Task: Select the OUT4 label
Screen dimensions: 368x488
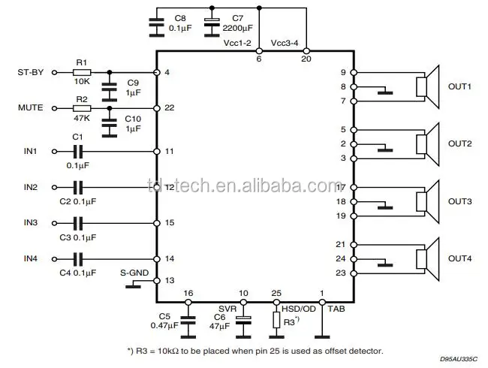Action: coord(459,259)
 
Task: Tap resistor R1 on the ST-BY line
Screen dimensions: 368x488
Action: coord(83,72)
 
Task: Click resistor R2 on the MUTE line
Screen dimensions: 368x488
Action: coord(83,108)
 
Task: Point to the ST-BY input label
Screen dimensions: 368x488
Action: coord(31,72)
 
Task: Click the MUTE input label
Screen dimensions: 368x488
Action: coord(31,108)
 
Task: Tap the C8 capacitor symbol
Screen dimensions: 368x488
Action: coord(156,25)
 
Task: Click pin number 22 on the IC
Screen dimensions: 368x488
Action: coord(169,108)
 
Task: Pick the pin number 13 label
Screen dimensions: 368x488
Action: coord(169,279)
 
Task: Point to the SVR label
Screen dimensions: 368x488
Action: coord(227,309)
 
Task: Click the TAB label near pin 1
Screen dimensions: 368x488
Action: coord(332,309)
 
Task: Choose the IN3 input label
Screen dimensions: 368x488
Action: coord(30,223)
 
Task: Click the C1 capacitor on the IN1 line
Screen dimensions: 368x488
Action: coord(77,151)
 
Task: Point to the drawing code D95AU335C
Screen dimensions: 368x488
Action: coord(459,360)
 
